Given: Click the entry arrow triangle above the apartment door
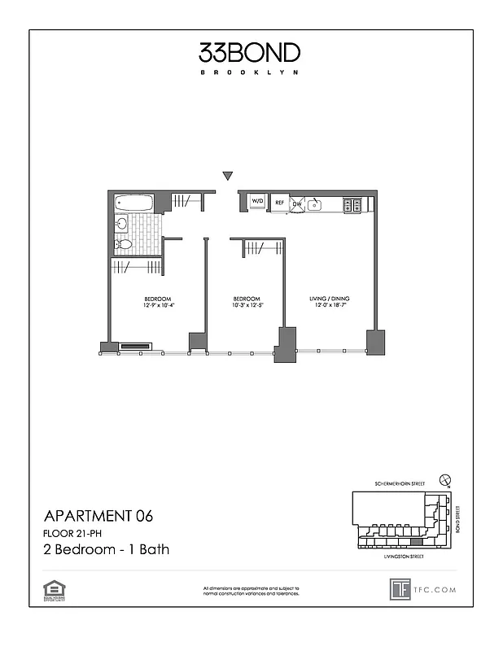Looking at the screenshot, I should (228, 176).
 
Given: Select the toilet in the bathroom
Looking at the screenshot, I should (124, 243).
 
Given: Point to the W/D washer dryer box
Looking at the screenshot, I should (257, 201).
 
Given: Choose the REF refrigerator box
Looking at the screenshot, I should (279, 202).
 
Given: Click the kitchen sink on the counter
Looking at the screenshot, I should (316, 203).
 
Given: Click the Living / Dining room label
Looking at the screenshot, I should (329, 299).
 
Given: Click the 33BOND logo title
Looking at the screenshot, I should (250, 53).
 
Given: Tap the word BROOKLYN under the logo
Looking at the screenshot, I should (250, 72).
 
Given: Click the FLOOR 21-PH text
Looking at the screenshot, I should (74, 533).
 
